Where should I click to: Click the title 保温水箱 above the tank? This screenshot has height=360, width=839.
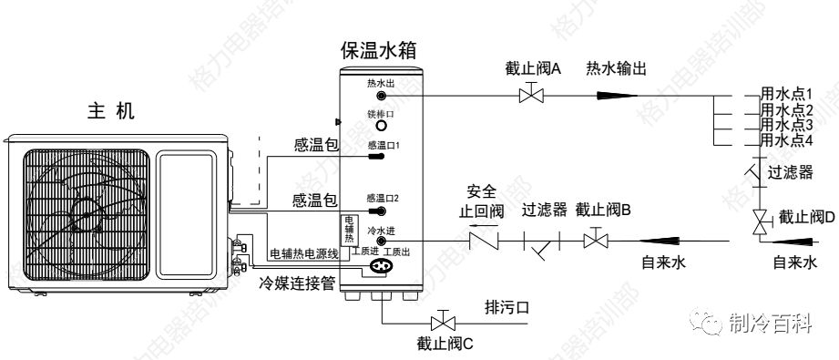382,50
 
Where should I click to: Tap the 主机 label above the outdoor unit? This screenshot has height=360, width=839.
112,111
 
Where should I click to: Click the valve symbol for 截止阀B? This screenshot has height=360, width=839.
596,241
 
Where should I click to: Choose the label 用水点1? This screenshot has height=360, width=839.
786,94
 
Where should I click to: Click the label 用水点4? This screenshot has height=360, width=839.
786,140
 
